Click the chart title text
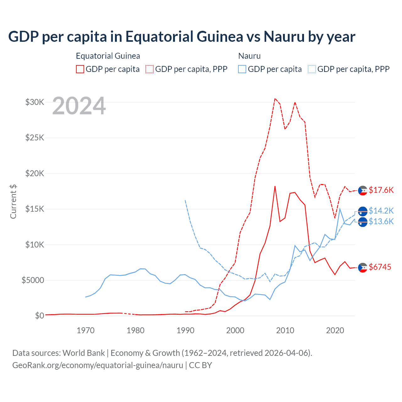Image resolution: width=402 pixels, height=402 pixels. pyautogui.click(x=182, y=36)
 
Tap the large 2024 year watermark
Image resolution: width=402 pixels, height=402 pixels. pyautogui.click(x=79, y=106)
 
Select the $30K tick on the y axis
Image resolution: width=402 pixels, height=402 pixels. pyautogui.click(x=35, y=102)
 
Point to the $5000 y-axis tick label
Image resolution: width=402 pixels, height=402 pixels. pyautogui.click(x=33, y=280)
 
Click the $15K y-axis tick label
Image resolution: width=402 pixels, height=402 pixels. pyautogui.click(x=35, y=209)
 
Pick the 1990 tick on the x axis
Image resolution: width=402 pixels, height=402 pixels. pyautogui.click(x=185, y=330)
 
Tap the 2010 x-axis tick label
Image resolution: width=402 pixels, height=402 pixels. pyautogui.click(x=285, y=330)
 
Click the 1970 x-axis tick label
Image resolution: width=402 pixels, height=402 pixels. pyautogui.click(x=86, y=330)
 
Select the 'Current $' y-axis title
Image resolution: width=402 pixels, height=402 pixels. pyautogui.click(x=13, y=202)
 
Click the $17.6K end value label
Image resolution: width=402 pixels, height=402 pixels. pyautogui.click(x=381, y=190)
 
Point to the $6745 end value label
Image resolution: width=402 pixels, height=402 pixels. pyautogui.click(x=380, y=267)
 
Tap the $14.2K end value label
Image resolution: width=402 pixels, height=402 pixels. pyautogui.click(x=381, y=210)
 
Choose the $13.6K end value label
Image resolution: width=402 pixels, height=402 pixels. pyautogui.click(x=381, y=221)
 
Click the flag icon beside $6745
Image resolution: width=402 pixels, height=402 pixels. pyautogui.click(x=363, y=267)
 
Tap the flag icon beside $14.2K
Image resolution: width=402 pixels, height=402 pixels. pyautogui.click(x=363, y=211)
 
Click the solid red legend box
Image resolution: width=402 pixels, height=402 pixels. pyautogui.click(x=80, y=69)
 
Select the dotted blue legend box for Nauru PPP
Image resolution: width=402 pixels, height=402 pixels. pyautogui.click(x=312, y=69)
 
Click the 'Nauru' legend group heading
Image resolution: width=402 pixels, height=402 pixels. pyautogui.click(x=249, y=56)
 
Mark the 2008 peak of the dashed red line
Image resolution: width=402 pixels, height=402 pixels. pyautogui.click(x=275, y=99)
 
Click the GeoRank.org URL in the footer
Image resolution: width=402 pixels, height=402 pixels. pyautogui.click(x=98, y=365)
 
